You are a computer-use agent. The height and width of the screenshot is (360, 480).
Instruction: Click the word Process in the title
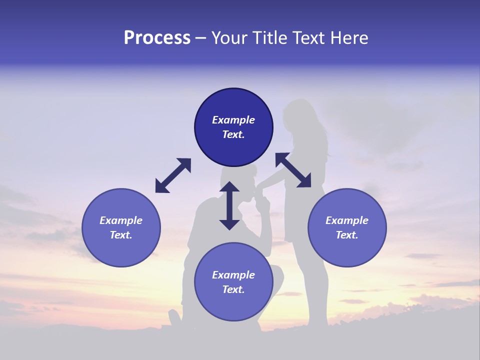click(x=157, y=38)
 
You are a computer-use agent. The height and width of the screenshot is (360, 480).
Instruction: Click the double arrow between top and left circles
click(x=173, y=175)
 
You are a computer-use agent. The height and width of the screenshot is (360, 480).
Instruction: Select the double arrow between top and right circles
click(x=293, y=170)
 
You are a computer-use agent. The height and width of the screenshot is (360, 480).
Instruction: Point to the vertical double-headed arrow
click(x=229, y=205)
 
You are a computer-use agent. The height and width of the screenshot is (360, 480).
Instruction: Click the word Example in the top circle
click(x=233, y=120)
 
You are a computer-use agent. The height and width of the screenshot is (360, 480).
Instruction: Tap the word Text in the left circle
click(x=121, y=235)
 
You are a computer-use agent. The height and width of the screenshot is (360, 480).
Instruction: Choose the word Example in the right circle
click(x=347, y=220)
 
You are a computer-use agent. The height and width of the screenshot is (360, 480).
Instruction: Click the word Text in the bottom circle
click(x=233, y=289)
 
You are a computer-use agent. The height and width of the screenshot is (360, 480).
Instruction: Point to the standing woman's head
click(x=299, y=114)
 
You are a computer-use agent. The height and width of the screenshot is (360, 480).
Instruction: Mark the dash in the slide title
click(x=201, y=38)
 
